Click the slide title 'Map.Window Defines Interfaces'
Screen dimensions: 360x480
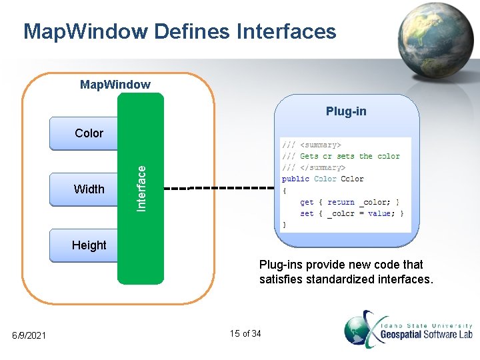coord(179,31)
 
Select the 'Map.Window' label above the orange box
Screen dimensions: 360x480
coord(115,85)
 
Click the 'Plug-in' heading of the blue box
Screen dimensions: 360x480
coord(345,111)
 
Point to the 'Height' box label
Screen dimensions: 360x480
coord(89,245)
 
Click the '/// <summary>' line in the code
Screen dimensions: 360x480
coord(311,145)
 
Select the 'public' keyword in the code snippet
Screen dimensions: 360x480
coord(295,179)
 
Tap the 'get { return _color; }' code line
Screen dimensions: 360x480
coord(349,201)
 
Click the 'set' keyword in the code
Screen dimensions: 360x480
coord(306,213)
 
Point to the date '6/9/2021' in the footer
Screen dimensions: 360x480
coord(29,335)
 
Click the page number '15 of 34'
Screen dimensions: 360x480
coord(245,333)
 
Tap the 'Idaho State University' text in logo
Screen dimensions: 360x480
coord(427,325)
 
